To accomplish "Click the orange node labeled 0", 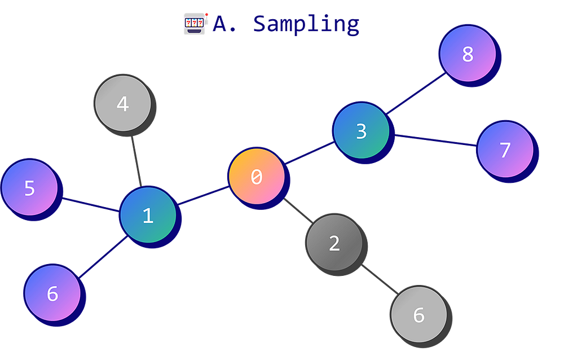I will pyautogui.click(x=257, y=177).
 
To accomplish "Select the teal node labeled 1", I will pyautogui.click(x=148, y=215).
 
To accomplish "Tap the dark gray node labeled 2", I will pyautogui.click(x=334, y=243).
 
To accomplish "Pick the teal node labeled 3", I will pyautogui.click(x=361, y=130).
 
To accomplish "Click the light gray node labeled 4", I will pyautogui.click(x=122, y=104).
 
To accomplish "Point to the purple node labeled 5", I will pyautogui.click(x=30, y=187).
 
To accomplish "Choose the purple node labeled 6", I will pyautogui.click(x=52, y=293).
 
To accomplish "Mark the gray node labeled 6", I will pyautogui.click(x=418, y=315).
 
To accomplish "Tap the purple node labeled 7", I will pyautogui.click(x=505, y=150).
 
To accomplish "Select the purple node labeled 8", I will pyautogui.click(x=468, y=54).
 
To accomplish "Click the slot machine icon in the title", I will pyautogui.click(x=195, y=24).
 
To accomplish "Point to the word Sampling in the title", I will pyautogui.click(x=305, y=24).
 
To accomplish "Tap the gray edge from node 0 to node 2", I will pyautogui.click(x=297, y=210).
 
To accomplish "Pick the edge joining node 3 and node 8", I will pyautogui.click(x=415, y=91).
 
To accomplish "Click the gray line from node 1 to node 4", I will pyautogui.click(x=135, y=160).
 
